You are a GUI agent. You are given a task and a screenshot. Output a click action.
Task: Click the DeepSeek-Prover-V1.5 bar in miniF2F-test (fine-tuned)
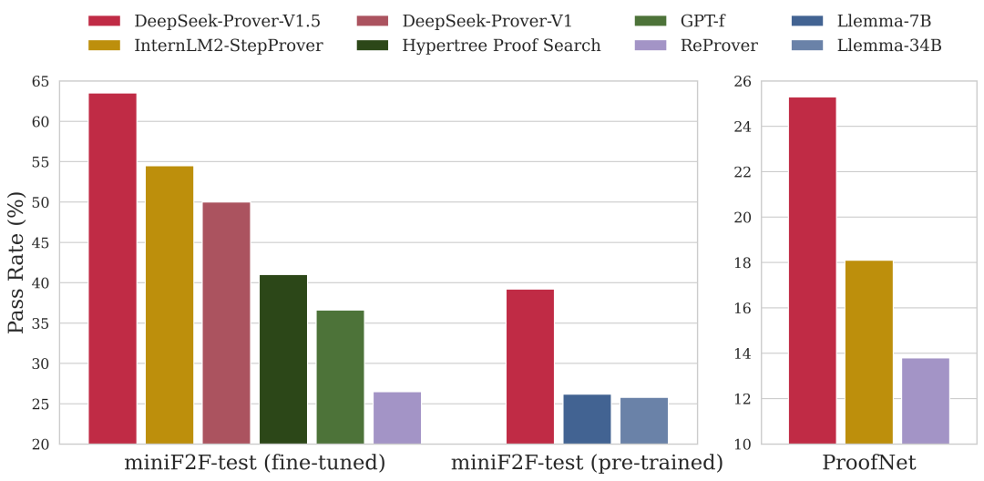[112, 269]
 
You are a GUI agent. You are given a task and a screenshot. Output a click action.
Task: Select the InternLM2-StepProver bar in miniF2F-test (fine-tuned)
[169, 305]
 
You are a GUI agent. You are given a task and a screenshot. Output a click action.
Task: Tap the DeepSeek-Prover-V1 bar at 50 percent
[226, 323]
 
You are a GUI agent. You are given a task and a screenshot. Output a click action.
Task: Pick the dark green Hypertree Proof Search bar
[283, 360]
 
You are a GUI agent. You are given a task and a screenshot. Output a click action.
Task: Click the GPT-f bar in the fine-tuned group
[340, 377]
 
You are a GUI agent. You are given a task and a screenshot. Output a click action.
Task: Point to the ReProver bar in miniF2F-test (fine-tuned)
[397, 418]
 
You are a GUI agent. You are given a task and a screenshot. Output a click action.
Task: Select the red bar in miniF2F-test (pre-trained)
[529, 367]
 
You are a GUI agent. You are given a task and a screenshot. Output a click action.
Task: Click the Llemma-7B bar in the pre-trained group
[587, 419]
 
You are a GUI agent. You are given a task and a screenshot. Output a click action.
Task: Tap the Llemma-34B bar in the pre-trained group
[644, 421]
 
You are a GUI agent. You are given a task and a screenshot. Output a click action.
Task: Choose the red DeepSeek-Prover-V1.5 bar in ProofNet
[812, 271]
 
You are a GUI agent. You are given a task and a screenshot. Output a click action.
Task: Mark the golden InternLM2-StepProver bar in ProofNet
[869, 353]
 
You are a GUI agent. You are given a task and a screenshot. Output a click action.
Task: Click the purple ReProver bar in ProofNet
[926, 401]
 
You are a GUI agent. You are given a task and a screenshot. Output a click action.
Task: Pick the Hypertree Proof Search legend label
[501, 45]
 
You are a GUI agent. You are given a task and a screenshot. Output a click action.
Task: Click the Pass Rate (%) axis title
[16, 262]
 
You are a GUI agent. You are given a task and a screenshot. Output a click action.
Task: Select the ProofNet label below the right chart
[868, 463]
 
